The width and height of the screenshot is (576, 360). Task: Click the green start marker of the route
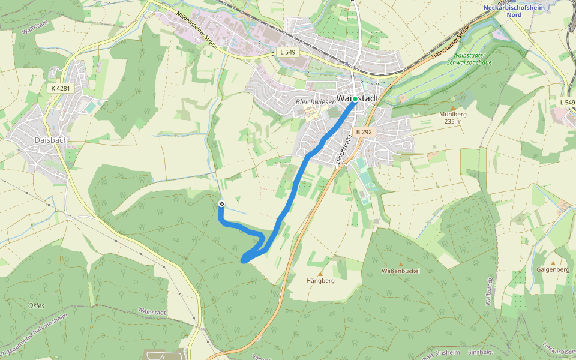click(355, 99)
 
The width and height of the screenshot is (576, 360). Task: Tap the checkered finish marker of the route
click(221, 204)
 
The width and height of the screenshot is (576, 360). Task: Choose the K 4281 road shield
click(61, 88)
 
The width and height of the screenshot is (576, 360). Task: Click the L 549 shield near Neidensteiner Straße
click(288, 53)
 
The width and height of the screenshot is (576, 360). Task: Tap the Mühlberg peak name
click(453, 114)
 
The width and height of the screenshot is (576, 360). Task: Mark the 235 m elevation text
click(453, 121)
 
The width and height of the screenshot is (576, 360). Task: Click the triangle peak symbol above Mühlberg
click(452, 107)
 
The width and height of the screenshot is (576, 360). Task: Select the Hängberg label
click(320, 280)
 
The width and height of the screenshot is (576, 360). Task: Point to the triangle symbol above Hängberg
click(320, 274)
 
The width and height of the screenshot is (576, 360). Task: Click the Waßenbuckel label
click(401, 271)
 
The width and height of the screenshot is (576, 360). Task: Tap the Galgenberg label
click(553, 269)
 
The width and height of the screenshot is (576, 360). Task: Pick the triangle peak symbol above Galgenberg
click(553, 263)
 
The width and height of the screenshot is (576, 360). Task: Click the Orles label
click(36, 305)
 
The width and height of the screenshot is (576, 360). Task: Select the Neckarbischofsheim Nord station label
click(511, 10)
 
